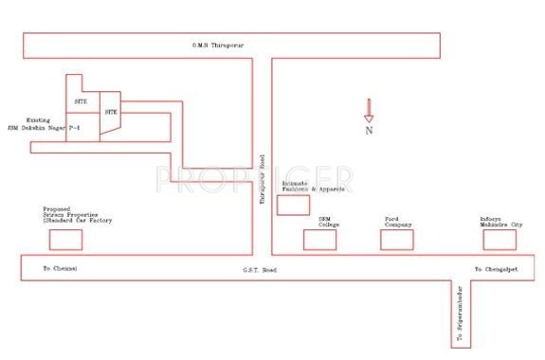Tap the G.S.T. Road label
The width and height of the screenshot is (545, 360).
click(257, 270)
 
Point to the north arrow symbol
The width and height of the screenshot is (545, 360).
click(368, 110)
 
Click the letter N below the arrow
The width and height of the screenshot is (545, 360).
click(369, 131)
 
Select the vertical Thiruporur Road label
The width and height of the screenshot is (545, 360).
click(263, 179)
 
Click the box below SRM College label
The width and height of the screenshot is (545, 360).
click(319, 239)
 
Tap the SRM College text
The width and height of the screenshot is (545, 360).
click(328, 222)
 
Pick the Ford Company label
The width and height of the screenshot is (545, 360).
click(398, 222)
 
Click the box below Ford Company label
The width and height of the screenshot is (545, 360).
click(397, 239)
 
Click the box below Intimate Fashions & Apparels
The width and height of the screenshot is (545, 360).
click(293, 205)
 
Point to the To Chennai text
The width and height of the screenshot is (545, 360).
click(60, 270)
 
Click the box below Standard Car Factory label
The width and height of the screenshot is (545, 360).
click(65, 239)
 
